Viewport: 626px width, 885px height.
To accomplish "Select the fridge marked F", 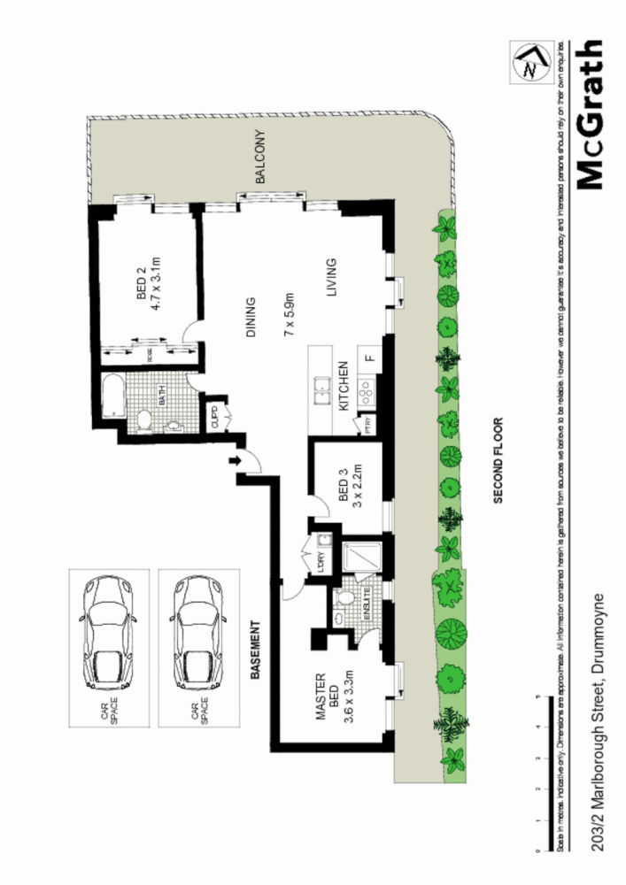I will click(x=370, y=359).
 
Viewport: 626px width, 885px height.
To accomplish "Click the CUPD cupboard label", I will click(x=215, y=415).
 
